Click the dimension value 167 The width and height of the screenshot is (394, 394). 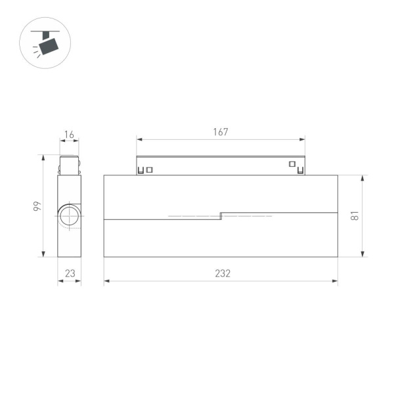coord(221,132)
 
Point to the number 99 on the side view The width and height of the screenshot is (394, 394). coord(38,206)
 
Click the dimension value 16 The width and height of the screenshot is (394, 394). coord(69,135)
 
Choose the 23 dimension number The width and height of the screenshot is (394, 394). coord(69,274)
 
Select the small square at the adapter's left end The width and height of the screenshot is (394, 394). coord(150,169)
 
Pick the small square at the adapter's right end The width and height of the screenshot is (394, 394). coord(292,164)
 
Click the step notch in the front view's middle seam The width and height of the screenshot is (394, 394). coord(221,215)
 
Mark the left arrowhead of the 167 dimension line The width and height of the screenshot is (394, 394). coord(139,139)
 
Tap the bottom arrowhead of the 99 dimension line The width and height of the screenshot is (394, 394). coord(44,255)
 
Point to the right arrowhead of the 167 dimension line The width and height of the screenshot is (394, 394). coord(303,139)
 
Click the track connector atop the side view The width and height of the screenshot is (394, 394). coord(69,165)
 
